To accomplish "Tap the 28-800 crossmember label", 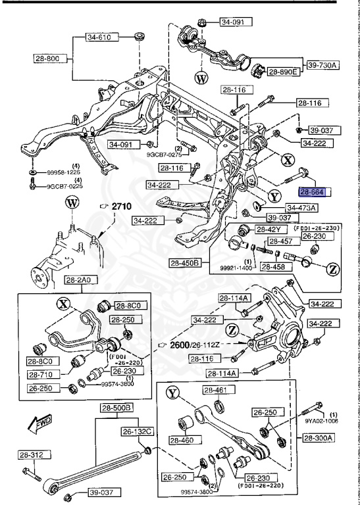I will click(x=48, y=59).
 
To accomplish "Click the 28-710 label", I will click(x=41, y=374).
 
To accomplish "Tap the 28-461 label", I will click(x=215, y=391).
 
